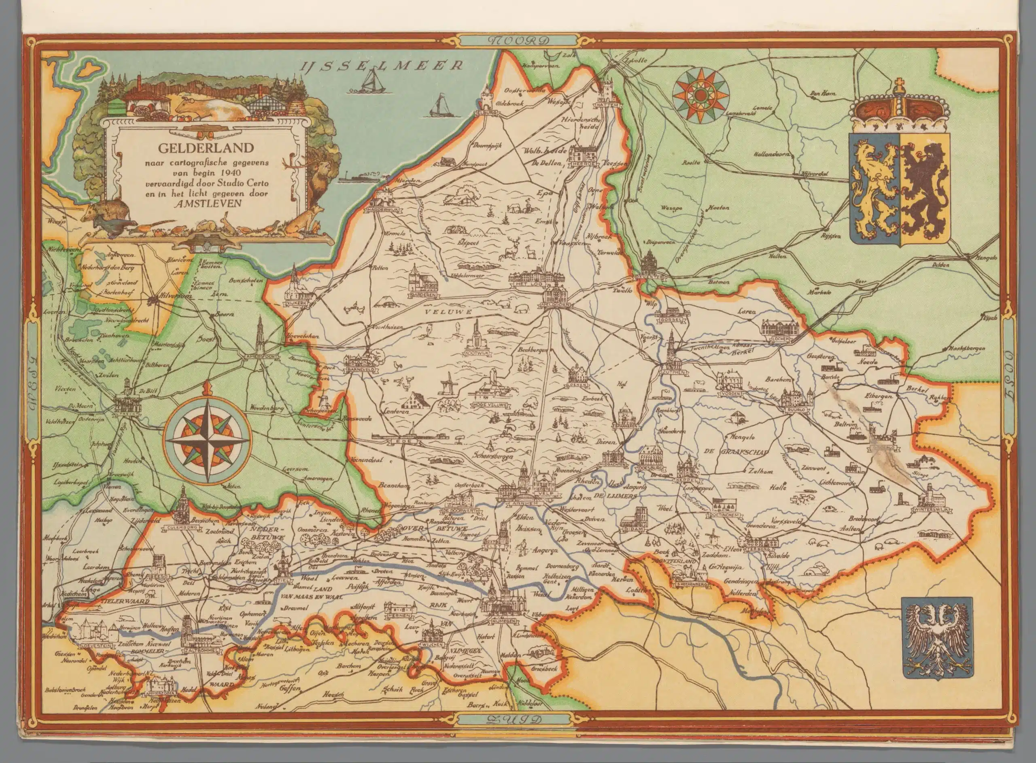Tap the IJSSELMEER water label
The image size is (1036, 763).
pyautogui.click(x=380, y=66)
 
